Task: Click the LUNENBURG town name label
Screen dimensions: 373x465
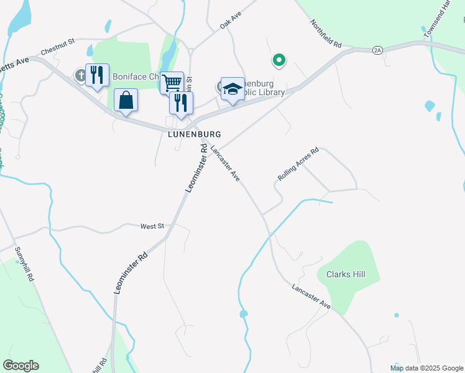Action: click(195, 134)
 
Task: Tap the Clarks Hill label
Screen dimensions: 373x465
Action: click(341, 274)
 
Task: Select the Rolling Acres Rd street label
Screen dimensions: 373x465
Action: click(298, 164)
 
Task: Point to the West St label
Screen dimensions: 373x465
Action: click(151, 226)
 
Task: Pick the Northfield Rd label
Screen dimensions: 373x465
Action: click(326, 34)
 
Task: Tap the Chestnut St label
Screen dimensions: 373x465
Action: click(57, 46)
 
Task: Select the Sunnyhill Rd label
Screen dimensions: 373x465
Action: click(24, 265)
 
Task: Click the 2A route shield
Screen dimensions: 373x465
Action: click(377, 50)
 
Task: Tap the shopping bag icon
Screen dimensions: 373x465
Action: click(126, 100)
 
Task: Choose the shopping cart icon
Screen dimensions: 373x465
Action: click(172, 82)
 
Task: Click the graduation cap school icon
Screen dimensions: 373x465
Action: click(233, 88)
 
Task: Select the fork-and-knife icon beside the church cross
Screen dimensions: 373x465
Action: click(97, 75)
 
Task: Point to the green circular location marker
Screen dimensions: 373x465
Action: click(279, 60)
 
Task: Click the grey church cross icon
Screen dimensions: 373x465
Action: click(80, 75)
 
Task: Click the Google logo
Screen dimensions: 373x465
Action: click(21, 366)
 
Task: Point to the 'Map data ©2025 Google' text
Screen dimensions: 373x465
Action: click(427, 368)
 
